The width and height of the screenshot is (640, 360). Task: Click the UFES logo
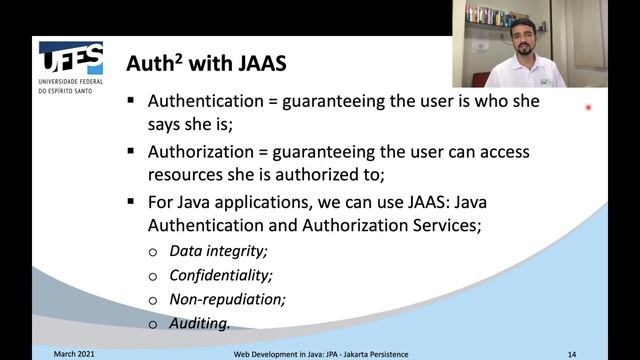tap(70, 57)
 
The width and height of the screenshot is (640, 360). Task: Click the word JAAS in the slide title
tap(259, 64)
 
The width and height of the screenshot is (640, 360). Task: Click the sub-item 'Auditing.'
tap(200, 323)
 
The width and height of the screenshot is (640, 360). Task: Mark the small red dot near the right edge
tap(589, 107)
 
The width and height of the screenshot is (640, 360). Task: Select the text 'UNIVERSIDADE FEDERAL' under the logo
tap(71, 82)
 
